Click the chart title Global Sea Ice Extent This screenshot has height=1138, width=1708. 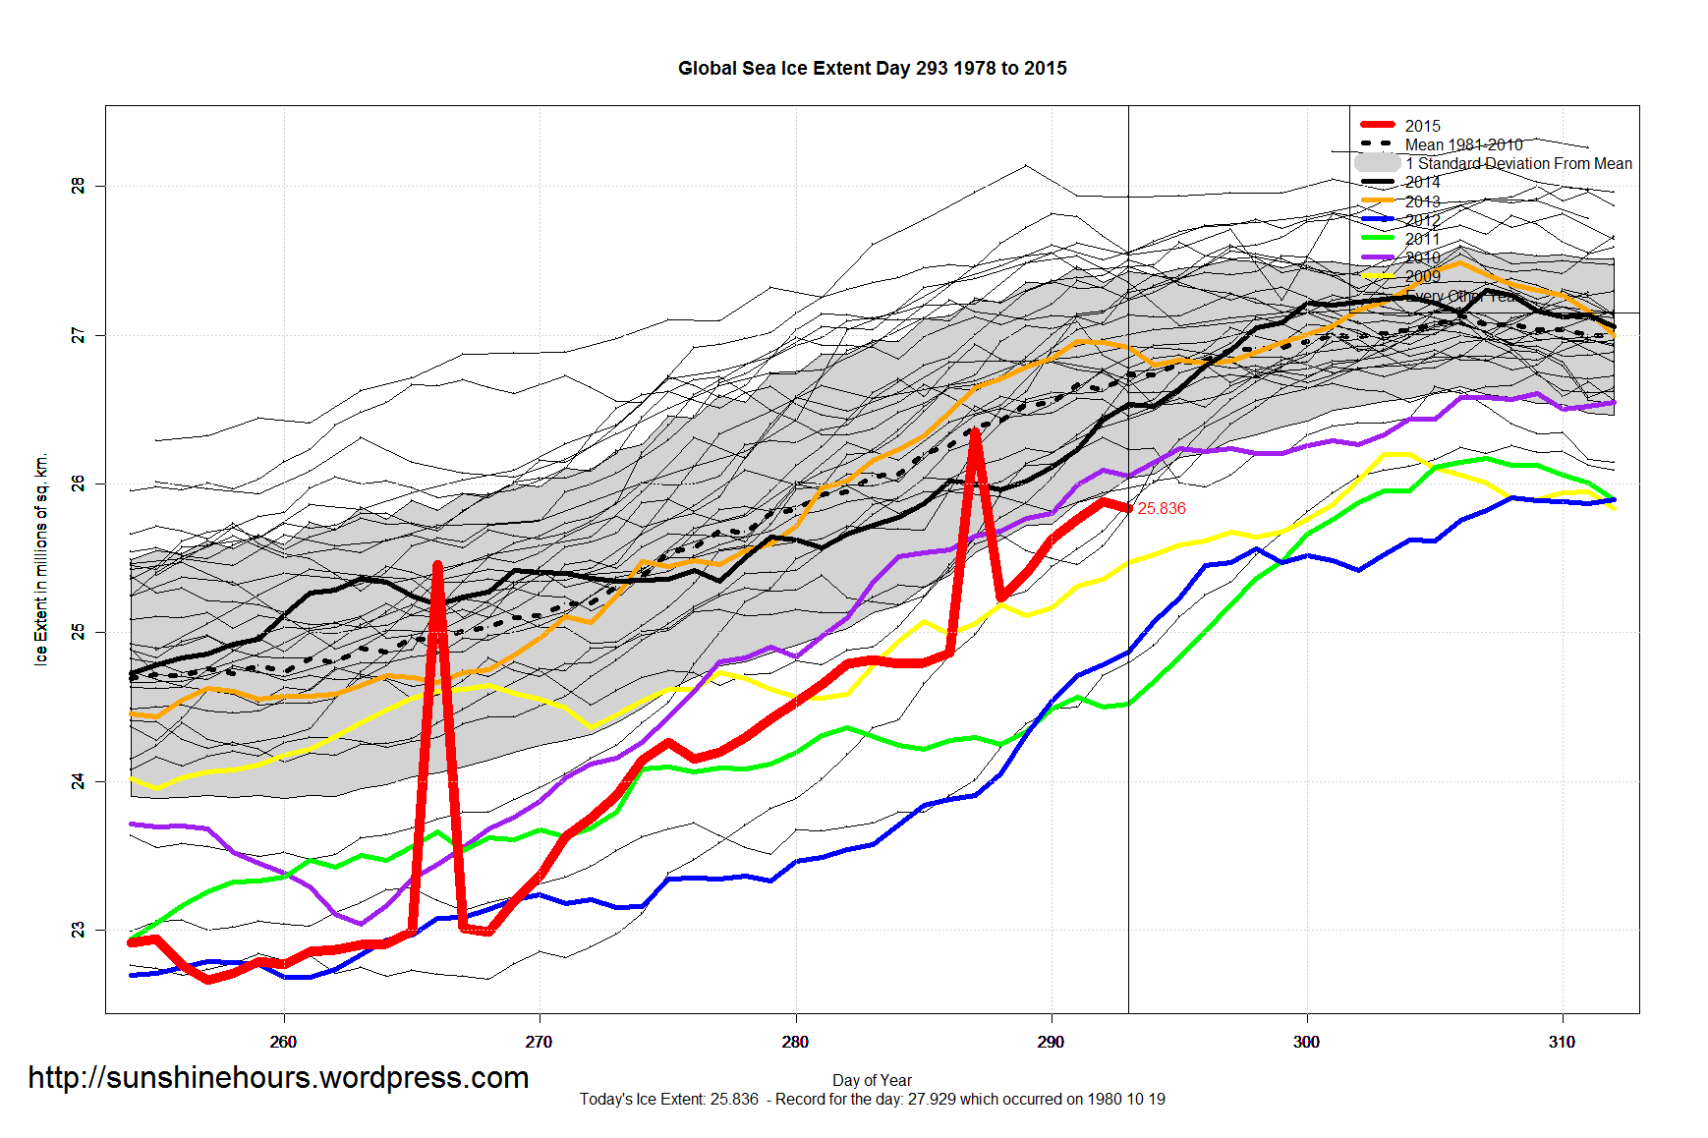[872, 69]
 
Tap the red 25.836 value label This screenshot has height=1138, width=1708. [1162, 509]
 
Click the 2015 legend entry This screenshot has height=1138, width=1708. [1421, 126]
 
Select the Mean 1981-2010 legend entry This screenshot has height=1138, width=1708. [1462, 144]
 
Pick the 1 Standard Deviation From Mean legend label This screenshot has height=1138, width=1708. [1517, 163]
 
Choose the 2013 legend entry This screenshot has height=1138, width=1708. [1421, 201]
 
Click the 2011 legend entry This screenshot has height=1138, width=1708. [1421, 239]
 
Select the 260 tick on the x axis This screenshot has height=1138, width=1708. [283, 1042]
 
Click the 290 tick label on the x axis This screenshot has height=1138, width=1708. [1051, 1042]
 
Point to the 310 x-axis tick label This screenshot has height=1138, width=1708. [1562, 1042]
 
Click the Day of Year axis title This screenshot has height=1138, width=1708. [872, 1080]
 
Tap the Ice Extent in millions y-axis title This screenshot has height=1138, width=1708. [41, 560]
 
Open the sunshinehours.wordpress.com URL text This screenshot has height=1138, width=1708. [278, 1078]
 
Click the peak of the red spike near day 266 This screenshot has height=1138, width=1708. [437, 565]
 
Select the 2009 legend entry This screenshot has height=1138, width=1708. [1421, 276]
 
